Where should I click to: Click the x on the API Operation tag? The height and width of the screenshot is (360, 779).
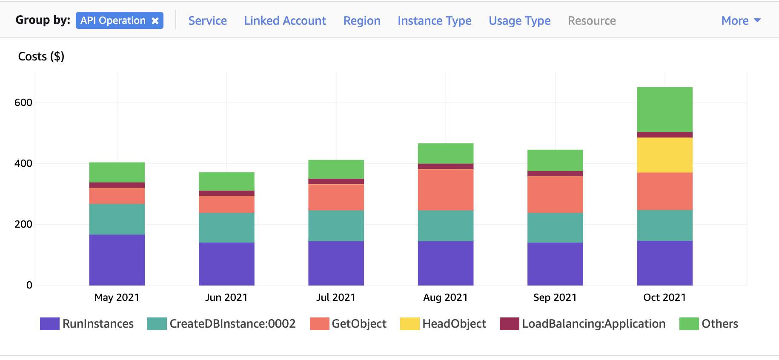[x=155, y=21]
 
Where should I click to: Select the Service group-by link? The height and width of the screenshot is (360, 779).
[x=207, y=21]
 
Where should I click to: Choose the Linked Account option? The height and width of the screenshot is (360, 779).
[x=285, y=21]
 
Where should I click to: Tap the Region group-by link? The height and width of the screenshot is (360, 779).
[x=361, y=21]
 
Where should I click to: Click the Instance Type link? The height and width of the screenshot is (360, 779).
[x=434, y=21]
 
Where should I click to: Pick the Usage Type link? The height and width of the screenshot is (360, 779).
[x=519, y=21]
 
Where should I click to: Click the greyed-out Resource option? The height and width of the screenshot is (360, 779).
[x=591, y=21]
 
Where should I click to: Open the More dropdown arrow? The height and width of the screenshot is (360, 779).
[x=757, y=20]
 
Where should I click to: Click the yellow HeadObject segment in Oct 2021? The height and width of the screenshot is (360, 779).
[x=664, y=155]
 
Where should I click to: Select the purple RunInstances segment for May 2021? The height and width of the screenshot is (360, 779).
[x=117, y=260]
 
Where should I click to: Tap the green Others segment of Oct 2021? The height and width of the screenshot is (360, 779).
[x=664, y=109]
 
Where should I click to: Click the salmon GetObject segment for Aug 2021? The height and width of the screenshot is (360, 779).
[x=445, y=190]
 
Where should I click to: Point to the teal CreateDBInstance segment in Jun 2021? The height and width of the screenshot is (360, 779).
[x=226, y=227]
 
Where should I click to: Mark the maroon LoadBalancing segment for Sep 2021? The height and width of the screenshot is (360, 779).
[x=555, y=174]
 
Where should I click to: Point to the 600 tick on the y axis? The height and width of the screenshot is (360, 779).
[x=23, y=103]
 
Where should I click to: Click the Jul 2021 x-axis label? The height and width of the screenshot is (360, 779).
[x=335, y=297]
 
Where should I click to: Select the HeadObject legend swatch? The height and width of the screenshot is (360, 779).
[x=410, y=324]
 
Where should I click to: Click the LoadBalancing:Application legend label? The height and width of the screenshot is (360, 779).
[x=593, y=324]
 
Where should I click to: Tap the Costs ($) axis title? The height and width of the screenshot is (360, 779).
[x=41, y=57]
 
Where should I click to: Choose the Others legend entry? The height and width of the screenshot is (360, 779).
[x=719, y=324]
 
